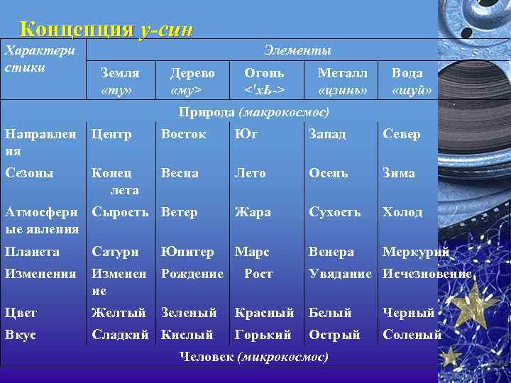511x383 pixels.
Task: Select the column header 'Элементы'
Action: coord(297,50)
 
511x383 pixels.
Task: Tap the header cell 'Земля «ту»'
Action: coord(119,82)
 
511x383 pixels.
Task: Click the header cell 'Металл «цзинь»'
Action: coord(343,82)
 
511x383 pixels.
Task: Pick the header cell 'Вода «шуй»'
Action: coord(411,82)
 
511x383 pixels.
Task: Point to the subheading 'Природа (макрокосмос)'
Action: coord(253,113)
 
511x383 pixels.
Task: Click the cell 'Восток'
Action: coord(184,134)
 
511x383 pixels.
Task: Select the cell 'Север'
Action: coord(401,134)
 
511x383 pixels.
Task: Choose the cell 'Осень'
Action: coord(327,173)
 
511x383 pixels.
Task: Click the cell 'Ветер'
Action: coord(180,212)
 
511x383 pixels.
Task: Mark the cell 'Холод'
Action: coord(402,212)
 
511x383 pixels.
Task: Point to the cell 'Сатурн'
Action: coord(116,252)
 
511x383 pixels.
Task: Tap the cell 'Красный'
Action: coord(264,313)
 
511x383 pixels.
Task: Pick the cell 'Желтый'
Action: coord(119,313)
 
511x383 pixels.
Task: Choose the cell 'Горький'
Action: coord(263,334)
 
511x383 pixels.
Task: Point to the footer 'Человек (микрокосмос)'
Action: coord(254,355)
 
